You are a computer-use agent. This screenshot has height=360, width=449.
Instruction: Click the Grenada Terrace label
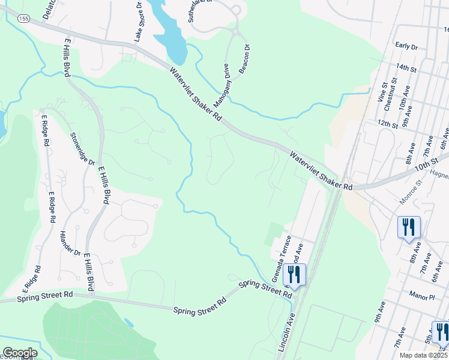pos(281,258)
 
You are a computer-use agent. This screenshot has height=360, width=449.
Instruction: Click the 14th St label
pos(406,69)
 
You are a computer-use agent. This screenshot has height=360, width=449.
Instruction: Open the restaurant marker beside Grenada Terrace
pos(294,274)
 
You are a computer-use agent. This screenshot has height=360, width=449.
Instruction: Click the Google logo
pos(20,353)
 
